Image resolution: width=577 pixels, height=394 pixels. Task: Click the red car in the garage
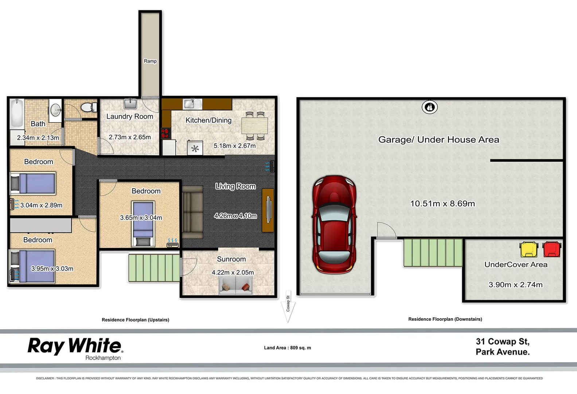click(334, 224)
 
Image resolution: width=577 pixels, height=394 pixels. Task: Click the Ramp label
click(150, 61)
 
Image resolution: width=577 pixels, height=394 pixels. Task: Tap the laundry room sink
click(130, 104)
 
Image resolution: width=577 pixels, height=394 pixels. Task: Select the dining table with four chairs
click(254, 126)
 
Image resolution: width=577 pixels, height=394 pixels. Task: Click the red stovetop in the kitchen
click(165, 134)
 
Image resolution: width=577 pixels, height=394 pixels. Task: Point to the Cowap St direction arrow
click(288, 308)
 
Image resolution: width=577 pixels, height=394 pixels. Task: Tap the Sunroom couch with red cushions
click(236, 285)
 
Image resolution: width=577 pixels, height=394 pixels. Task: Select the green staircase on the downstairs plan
click(433, 252)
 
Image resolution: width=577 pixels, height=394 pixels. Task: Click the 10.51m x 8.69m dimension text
click(443, 204)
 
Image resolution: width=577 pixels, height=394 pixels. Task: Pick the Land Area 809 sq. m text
click(287, 348)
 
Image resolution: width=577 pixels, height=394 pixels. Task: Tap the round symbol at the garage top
click(429, 107)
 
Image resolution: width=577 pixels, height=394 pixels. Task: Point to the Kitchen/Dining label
click(208, 120)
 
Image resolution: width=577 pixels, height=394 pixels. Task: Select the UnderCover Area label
click(516, 264)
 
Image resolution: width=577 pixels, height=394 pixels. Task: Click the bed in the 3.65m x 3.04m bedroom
click(143, 224)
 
